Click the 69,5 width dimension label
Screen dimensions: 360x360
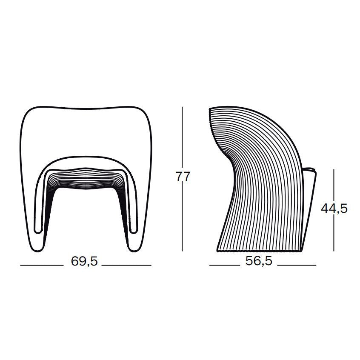click(84, 261)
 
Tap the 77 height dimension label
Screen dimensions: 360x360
click(183, 177)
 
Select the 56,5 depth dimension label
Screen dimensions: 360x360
click(259, 261)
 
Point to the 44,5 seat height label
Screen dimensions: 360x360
click(334, 209)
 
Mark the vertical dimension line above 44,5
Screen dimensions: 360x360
click(334, 186)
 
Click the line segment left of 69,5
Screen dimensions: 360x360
click(42, 265)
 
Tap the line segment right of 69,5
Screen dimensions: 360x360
click(126, 265)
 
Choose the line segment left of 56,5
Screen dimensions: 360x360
click(224, 265)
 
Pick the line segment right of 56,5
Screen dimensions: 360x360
click(297, 265)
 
